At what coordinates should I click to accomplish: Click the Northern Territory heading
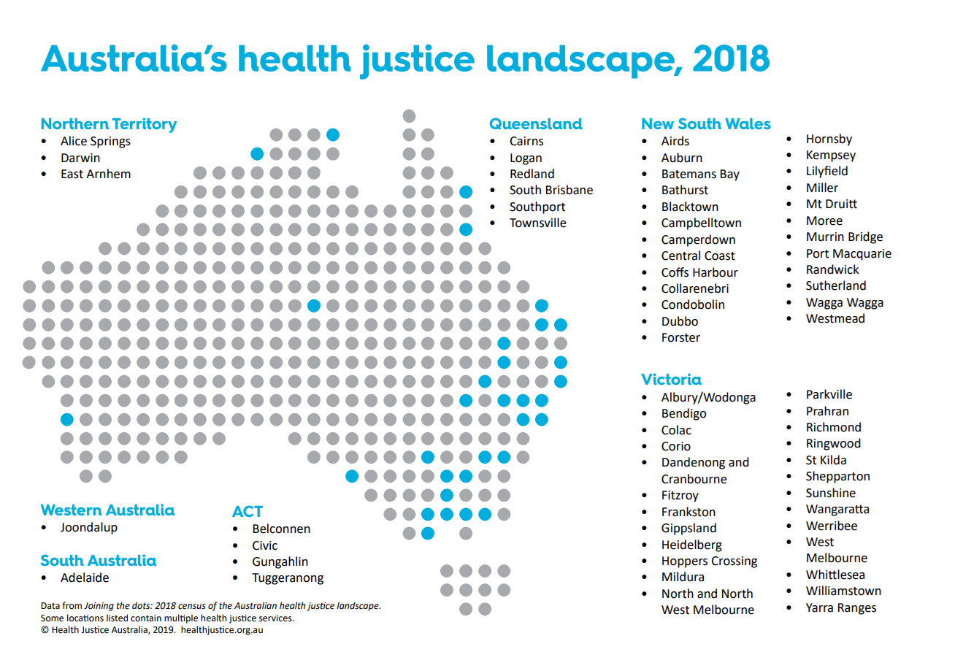point(109,124)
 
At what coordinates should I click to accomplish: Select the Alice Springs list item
point(96,142)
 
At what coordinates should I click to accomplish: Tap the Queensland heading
point(536,124)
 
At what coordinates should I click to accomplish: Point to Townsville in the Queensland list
point(538,223)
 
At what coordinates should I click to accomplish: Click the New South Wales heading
point(706,124)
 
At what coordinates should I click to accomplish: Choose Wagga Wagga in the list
point(845,302)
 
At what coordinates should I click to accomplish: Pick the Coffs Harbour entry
point(699,272)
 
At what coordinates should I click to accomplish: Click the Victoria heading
point(672,380)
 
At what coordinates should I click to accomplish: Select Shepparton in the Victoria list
point(838,477)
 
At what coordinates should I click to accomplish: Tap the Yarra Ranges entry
point(841,608)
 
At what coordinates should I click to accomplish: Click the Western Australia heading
point(108,510)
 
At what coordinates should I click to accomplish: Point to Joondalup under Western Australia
point(89,527)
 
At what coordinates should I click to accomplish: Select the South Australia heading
point(99,561)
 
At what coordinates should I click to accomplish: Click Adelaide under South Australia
point(85,577)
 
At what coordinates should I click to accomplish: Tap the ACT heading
point(248,512)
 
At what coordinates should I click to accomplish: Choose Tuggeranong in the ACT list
point(288,578)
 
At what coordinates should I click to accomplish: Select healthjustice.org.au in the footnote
point(222,629)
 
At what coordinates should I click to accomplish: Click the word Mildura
point(683,577)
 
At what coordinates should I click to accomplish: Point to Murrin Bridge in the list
point(844,237)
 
